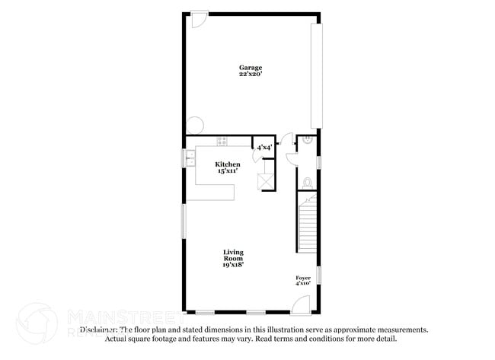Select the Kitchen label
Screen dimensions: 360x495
(x=227, y=164)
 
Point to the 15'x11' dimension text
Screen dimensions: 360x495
(x=227, y=171)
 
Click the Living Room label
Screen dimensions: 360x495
(x=233, y=255)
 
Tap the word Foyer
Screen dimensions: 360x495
(x=303, y=278)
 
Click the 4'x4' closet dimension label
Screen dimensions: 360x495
(x=263, y=147)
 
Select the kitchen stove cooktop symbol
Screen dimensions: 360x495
(x=222, y=141)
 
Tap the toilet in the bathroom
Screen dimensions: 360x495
(x=307, y=183)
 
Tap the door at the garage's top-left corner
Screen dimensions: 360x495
(x=196, y=18)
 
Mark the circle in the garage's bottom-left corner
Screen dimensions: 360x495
(x=193, y=126)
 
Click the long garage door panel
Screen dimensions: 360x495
(x=316, y=75)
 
